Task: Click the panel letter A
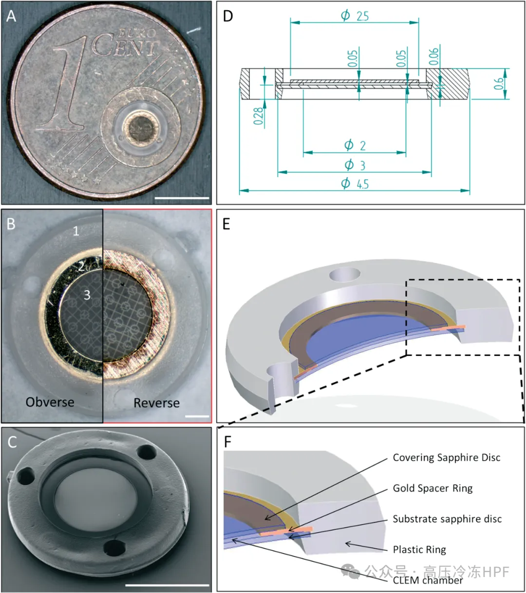[x=11, y=16]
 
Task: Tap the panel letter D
[x=227, y=16]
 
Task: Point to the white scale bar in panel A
[x=182, y=198]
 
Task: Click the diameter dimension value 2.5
[x=356, y=16]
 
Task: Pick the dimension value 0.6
[x=498, y=83]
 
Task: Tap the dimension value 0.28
[x=258, y=116]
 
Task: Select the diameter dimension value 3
[x=355, y=165]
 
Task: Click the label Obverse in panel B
[x=50, y=402]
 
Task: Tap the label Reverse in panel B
[x=156, y=403]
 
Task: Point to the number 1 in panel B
[x=76, y=231]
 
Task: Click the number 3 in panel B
[x=87, y=295]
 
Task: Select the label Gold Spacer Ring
[x=432, y=488]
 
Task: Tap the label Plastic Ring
[x=419, y=550]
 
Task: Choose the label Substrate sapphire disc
[x=447, y=519]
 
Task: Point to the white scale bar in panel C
[x=167, y=585]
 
